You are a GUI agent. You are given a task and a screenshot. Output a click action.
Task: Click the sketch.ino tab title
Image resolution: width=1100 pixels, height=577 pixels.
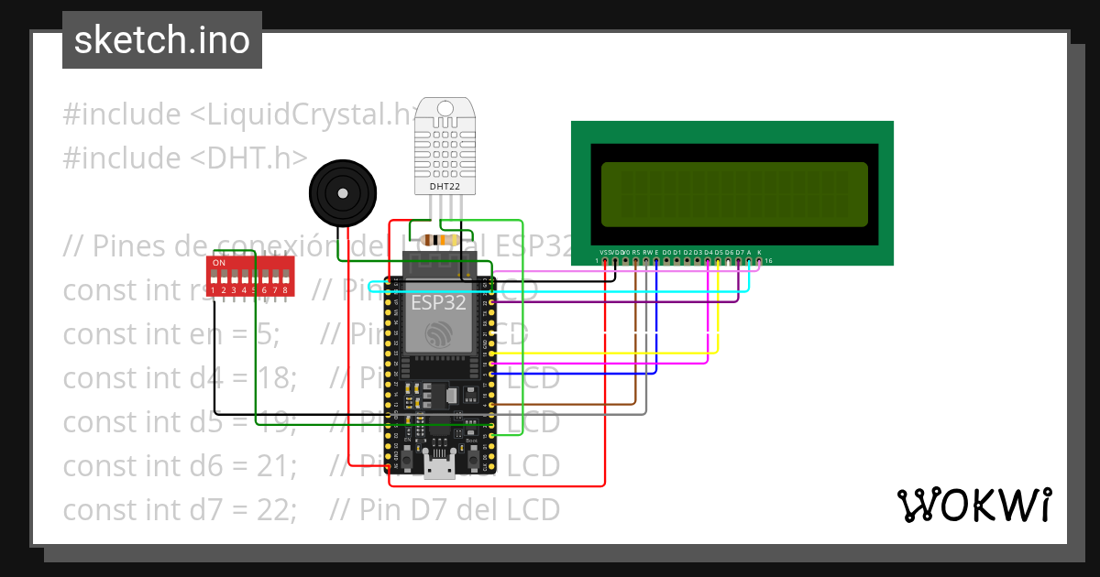point(161,40)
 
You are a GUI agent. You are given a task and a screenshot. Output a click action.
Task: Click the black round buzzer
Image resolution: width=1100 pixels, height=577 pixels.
point(341,193)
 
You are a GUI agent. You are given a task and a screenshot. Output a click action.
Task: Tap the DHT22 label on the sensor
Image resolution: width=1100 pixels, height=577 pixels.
point(445,187)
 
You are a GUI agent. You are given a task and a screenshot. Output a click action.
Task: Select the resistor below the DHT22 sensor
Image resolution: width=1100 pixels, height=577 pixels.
point(438,241)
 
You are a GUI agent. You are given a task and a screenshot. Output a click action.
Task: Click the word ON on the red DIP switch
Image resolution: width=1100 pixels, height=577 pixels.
point(219,263)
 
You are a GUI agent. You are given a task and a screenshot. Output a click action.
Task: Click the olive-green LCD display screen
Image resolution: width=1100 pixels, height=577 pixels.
point(733,194)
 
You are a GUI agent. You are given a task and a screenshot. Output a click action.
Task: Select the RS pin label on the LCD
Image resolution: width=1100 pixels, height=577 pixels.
point(636,252)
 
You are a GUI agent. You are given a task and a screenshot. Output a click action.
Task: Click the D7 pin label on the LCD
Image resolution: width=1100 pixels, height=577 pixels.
point(739,252)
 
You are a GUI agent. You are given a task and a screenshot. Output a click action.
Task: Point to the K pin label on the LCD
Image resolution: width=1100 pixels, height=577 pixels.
point(759,252)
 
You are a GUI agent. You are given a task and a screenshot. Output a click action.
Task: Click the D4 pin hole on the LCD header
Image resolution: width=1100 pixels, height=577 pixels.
point(708,261)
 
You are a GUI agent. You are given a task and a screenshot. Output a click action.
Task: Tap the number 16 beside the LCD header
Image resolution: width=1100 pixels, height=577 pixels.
point(769,261)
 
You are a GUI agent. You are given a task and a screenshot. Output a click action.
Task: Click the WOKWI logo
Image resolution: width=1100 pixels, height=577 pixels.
point(973,505)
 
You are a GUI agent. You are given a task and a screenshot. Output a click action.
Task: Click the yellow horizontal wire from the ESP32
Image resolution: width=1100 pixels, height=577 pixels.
point(605,353)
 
